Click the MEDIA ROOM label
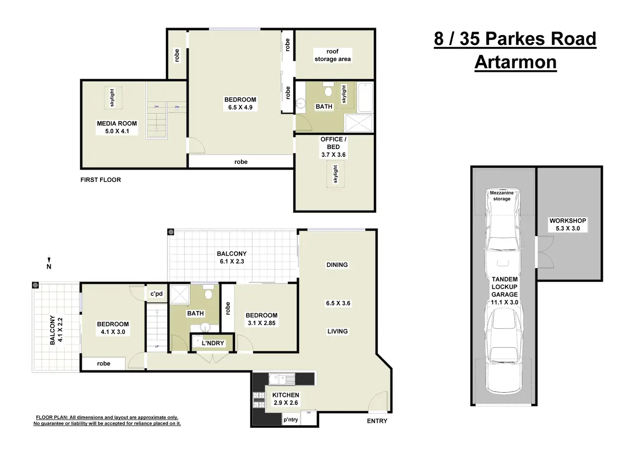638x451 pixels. (117, 123)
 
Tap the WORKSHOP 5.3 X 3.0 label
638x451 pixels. (568, 224)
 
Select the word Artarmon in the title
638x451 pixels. (515, 62)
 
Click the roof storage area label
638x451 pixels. (332, 55)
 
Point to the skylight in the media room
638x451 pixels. (113, 97)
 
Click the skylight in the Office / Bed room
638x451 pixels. (335, 174)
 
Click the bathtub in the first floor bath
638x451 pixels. (365, 97)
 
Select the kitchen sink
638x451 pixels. (282, 379)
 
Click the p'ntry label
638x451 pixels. (290, 419)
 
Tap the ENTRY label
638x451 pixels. (377, 421)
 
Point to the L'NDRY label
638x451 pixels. (213, 343)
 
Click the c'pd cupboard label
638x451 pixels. (156, 294)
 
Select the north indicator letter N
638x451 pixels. (49, 266)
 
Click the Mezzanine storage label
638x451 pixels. (501, 195)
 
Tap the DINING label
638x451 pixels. (337, 265)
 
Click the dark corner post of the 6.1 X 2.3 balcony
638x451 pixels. (171, 232)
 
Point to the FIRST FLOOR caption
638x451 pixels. (101, 180)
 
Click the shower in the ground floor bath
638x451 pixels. (180, 295)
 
